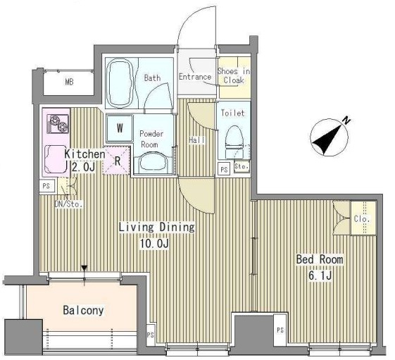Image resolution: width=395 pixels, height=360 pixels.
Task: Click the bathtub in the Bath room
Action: (120, 83)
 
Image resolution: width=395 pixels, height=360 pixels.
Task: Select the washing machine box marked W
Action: (120, 128)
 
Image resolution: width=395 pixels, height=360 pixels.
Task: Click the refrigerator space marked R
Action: (116, 161)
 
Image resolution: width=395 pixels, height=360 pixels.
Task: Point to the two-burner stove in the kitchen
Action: (58, 124)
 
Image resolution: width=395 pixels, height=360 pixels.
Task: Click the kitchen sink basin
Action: (56, 160)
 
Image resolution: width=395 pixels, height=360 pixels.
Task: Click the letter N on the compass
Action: (347, 120)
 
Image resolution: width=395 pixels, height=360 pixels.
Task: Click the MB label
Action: (69, 82)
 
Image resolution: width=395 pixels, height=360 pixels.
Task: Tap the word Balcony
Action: (83, 311)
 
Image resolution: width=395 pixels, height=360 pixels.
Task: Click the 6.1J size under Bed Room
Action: (320, 275)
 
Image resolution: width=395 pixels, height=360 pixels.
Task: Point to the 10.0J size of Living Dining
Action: (154, 244)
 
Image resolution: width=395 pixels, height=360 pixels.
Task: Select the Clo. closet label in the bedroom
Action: (362, 219)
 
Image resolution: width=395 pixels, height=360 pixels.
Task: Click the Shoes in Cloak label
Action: (234, 76)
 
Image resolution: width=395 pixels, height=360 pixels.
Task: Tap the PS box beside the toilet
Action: (224, 169)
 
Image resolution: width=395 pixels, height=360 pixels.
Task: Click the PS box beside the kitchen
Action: (46, 186)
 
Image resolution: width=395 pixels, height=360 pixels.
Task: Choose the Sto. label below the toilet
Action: (242, 166)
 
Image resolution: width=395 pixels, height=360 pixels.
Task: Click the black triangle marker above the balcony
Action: (84, 268)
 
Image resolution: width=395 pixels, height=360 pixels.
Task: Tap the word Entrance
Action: (195, 77)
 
